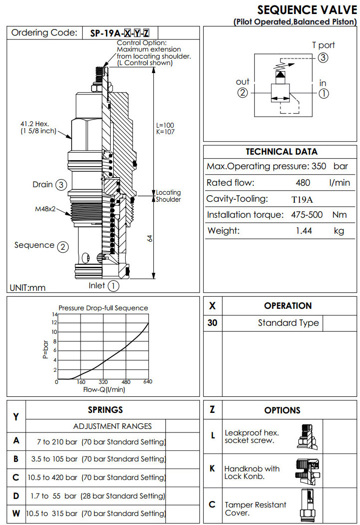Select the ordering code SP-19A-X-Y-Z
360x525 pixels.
tap(120, 34)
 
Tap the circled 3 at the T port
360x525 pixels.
tap(323, 58)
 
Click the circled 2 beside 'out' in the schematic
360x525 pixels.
tap(243, 93)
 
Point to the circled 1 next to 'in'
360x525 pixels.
tap(323, 93)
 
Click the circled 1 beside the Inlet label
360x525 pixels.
tap(114, 286)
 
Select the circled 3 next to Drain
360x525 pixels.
tap(61, 185)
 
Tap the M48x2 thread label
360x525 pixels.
tap(45, 209)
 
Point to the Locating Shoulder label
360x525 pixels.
tap(168, 196)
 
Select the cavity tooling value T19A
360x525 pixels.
tap(302, 199)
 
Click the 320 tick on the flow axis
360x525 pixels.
tap(104, 382)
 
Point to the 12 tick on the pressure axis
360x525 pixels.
tap(54, 323)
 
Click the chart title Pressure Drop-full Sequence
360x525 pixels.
tap(103, 308)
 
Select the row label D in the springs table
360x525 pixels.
tap(16, 495)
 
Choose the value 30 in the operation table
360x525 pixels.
tap(212, 323)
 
